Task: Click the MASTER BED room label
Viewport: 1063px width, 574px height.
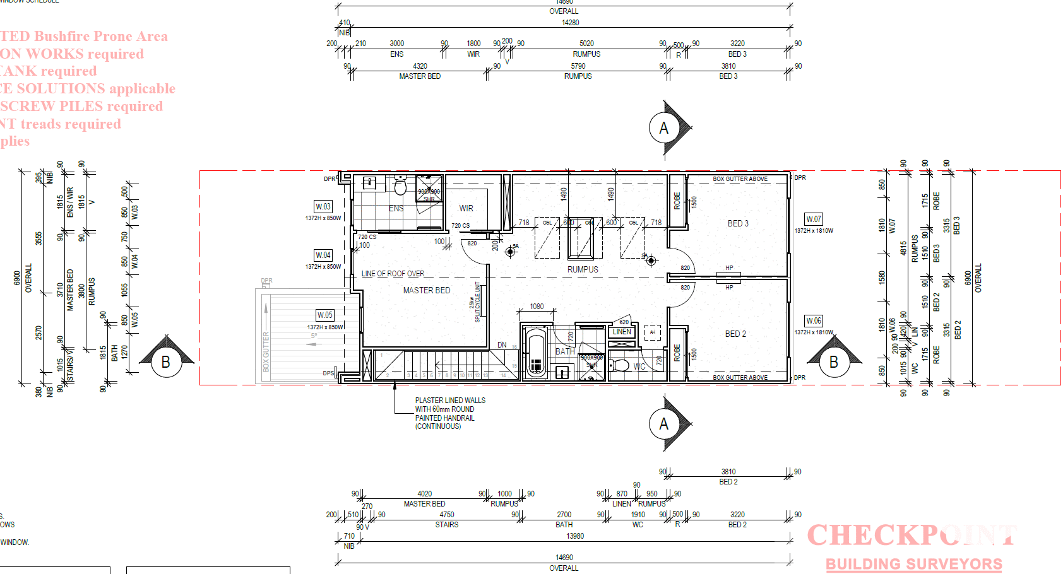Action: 427,290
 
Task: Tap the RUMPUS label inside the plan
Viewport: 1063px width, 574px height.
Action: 583,269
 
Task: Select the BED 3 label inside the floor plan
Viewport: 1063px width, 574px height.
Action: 738,223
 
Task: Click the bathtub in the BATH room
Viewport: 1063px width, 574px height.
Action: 536,354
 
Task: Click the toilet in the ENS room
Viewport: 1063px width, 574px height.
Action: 400,187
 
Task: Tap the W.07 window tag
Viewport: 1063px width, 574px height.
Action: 814,220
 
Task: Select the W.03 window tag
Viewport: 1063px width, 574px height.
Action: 323,206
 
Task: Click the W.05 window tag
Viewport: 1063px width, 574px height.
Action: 325,315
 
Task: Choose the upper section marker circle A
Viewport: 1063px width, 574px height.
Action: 663,128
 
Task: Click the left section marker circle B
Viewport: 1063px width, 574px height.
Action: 165,362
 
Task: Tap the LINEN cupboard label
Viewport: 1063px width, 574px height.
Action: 622,332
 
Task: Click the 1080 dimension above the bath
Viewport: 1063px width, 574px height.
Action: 537,307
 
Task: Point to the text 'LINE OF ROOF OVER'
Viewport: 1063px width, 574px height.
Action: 393,274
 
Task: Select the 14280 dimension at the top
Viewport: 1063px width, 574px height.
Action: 570,23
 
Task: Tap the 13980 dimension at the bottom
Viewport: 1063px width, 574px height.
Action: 575,536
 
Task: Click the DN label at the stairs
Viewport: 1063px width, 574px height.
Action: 502,345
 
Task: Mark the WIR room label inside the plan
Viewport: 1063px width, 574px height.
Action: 466,208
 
